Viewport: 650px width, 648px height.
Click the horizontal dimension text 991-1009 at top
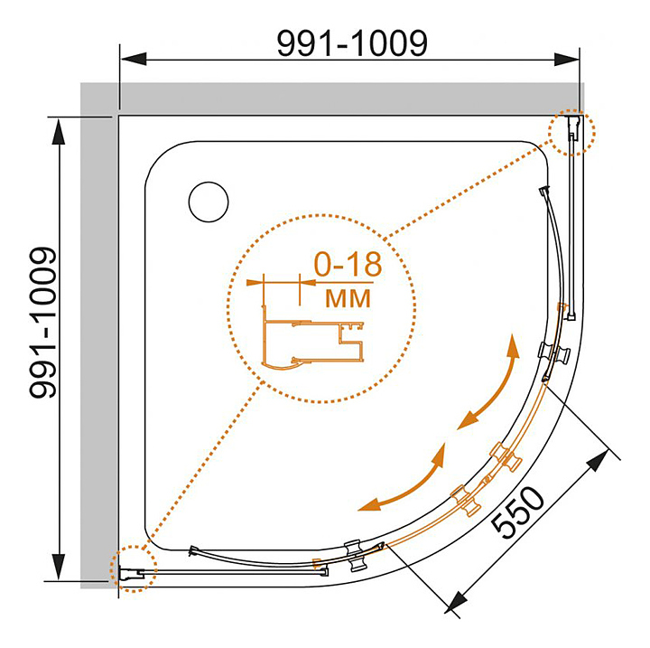[x=351, y=42]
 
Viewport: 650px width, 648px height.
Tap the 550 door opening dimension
[x=518, y=512]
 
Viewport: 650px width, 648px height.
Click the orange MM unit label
[x=347, y=297]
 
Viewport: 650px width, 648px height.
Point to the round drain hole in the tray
[x=209, y=201]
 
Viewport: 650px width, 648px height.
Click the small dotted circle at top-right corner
[x=571, y=133]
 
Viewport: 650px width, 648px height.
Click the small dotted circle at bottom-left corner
[x=133, y=569]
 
